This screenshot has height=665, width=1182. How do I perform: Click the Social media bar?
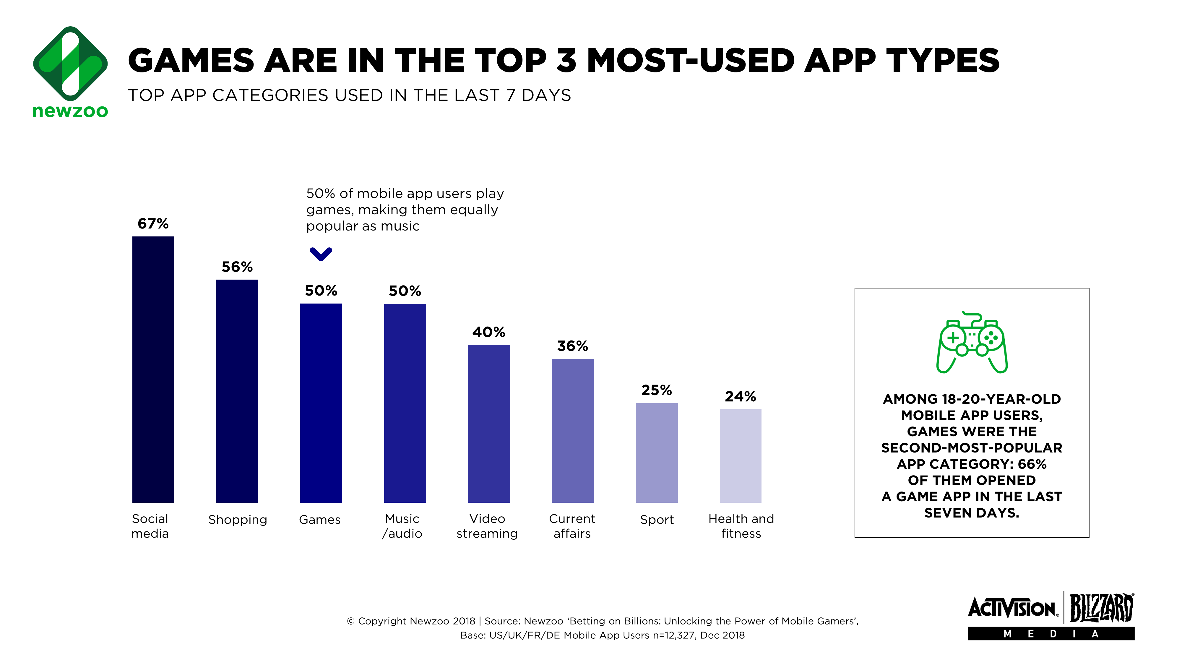[153, 369]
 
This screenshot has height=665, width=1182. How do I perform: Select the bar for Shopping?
[237, 391]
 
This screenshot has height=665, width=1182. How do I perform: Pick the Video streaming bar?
[489, 424]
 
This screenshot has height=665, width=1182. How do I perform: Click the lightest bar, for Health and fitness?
[740, 456]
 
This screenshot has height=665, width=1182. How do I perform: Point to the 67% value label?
[153, 223]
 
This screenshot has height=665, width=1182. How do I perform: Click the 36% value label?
[572, 346]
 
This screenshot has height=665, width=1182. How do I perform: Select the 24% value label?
[740, 397]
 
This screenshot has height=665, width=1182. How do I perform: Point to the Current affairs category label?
[572, 526]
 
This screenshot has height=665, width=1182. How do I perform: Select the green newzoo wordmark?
[70, 111]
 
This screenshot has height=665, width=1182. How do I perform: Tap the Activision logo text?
[1013, 608]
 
